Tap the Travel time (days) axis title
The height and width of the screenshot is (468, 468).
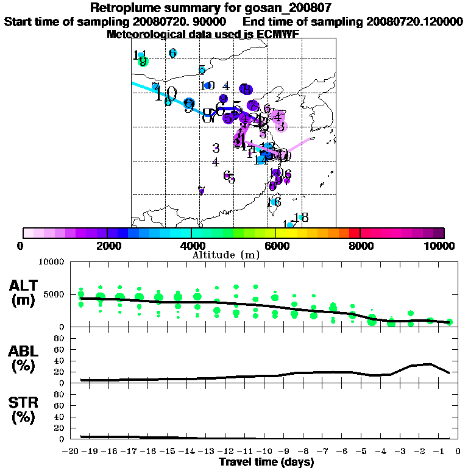(x=266, y=462)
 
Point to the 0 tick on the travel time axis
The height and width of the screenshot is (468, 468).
(x=458, y=451)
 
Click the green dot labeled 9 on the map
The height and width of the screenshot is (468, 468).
(x=143, y=61)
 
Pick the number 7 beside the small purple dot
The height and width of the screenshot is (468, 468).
(x=201, y=191)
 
